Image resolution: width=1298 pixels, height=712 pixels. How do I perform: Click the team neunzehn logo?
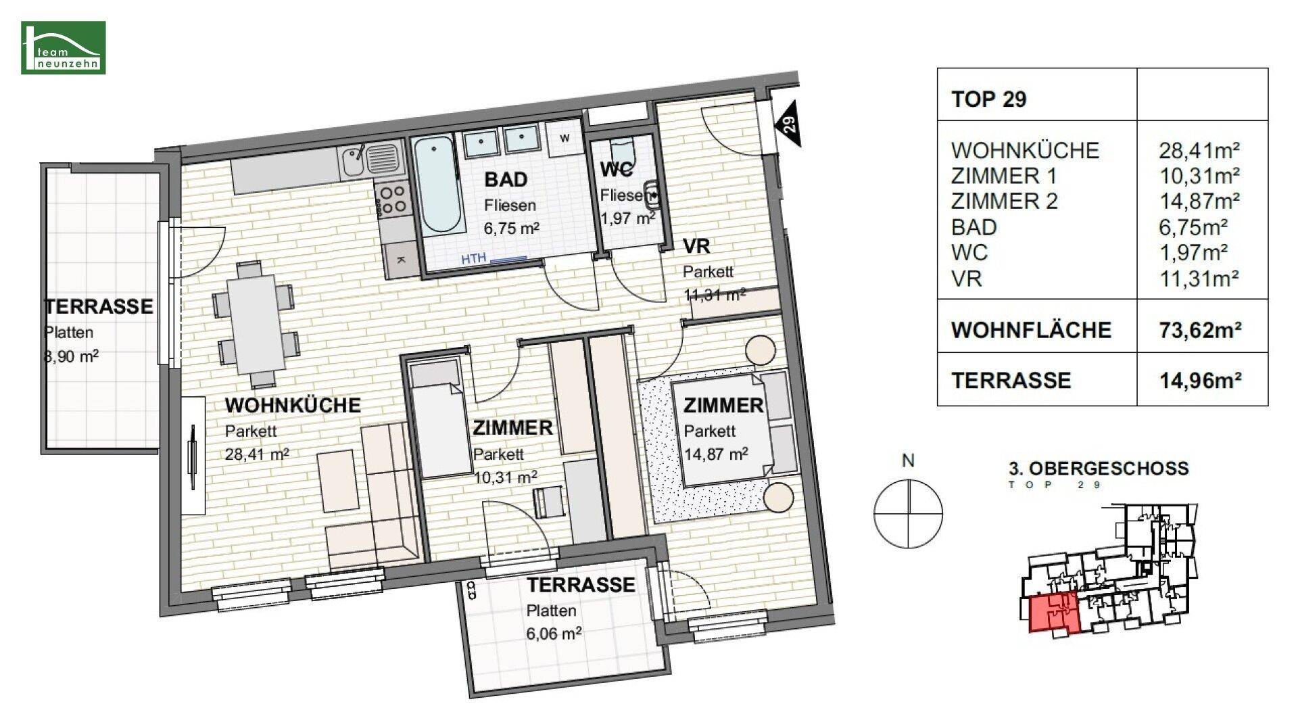coord(63,47)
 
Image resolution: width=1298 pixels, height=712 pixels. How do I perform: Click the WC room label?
coord(617,169)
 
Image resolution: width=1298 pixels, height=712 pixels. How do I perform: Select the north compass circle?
coord(908,513)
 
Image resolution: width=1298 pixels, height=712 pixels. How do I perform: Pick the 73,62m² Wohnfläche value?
coord(1200,330)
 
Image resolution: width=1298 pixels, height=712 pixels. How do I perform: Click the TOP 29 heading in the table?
coord(988,99)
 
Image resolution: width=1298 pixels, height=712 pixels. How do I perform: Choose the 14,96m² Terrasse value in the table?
coord(1200,381)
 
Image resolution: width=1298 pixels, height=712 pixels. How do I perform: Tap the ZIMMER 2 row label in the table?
coord(1004,201)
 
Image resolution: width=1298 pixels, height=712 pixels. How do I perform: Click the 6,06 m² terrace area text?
coord(554,634)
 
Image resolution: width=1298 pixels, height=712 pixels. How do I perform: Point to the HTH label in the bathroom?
coord(474,258)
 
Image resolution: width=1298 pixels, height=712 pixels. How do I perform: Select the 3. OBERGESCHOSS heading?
coord(1099,468)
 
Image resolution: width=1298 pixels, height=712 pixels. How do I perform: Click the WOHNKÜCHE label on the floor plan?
coord(293,405)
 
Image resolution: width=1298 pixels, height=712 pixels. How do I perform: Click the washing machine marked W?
coord(565,138)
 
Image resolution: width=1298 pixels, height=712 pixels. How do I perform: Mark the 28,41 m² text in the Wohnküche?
coord(257,454)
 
